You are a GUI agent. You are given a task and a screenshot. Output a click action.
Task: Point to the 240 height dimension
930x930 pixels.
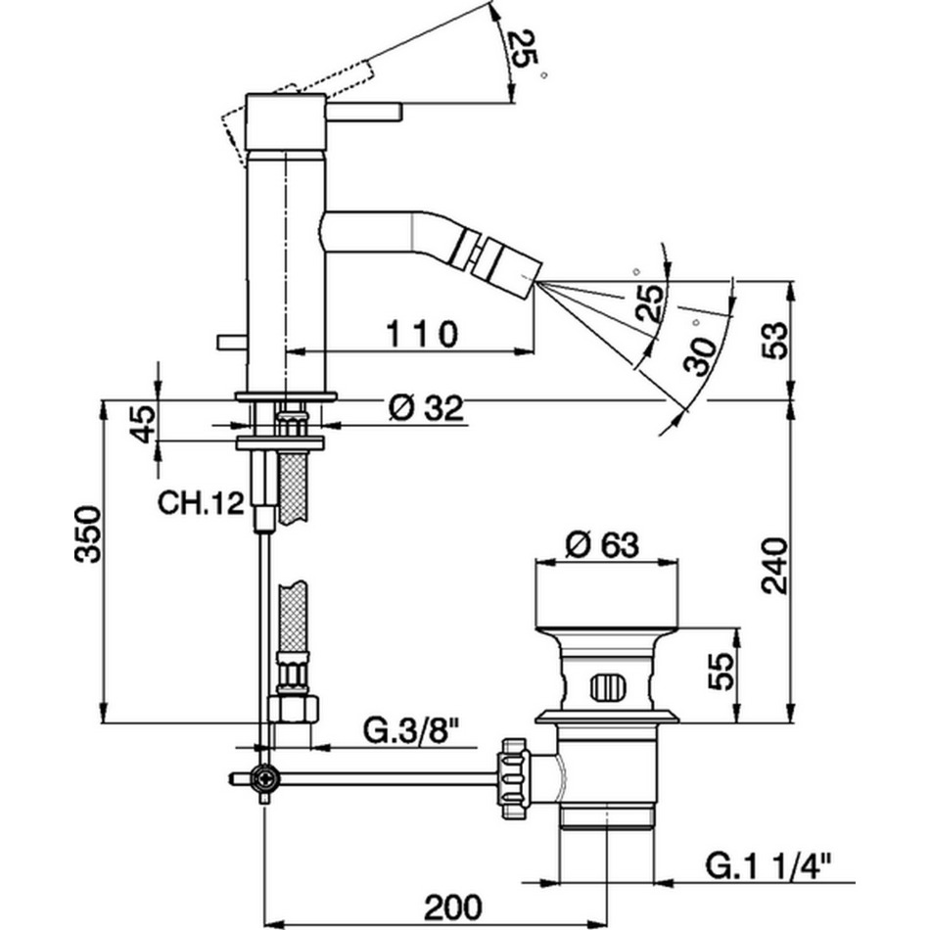(774, 565)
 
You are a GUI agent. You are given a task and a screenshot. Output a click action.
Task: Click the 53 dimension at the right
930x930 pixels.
(774, 340)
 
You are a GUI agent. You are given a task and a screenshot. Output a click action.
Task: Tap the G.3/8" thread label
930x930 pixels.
(411, 729)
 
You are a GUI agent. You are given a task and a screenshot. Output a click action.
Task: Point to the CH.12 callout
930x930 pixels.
(200, 504)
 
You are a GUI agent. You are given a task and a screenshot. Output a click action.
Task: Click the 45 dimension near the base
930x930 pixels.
(143, 423)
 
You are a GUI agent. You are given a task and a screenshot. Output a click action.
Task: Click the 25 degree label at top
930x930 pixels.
(524, 49)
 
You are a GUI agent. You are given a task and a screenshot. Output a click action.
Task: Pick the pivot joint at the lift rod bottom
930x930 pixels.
(263, 778)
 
